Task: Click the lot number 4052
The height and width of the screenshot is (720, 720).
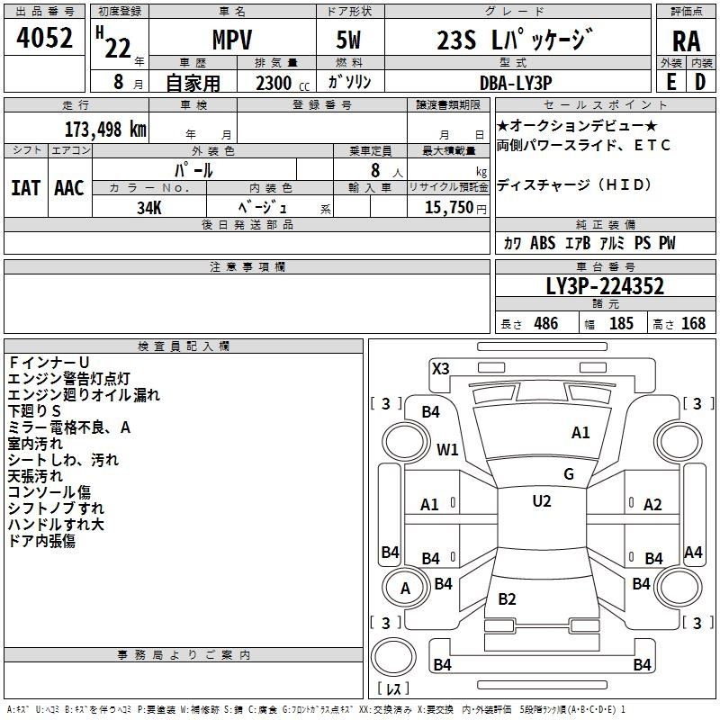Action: (x=44, y=38)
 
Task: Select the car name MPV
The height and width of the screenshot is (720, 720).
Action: (x=232, y=40)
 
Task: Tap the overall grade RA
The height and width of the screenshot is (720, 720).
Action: (x=686, y=41)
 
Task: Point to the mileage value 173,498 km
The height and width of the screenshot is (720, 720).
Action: (x=105, y=129)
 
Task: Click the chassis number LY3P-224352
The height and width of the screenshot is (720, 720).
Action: (x=605, y=286)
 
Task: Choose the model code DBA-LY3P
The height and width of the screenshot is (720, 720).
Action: (x=516, y=83)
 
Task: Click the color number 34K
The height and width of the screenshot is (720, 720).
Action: (x=149, y=208)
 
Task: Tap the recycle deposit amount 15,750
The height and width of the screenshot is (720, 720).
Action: (x=449, y=207)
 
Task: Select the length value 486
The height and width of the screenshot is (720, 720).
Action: (x=546, y=323)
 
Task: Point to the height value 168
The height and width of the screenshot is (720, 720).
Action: (x=693, y=323)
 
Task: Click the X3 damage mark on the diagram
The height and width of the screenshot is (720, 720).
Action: (x=441, y=368)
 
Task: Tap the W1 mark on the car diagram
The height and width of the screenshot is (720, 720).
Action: (x=447, y=449)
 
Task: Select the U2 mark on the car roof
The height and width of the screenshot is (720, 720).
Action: (x=542, y=500)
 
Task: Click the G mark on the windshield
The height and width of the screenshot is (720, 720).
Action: (x=569, y=473)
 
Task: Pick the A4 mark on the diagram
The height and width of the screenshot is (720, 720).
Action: (x=693, y=552)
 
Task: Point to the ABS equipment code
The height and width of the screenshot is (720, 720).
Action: (x=543, y=243)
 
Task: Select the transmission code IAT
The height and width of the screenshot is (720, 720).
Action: (x=25, y=188)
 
